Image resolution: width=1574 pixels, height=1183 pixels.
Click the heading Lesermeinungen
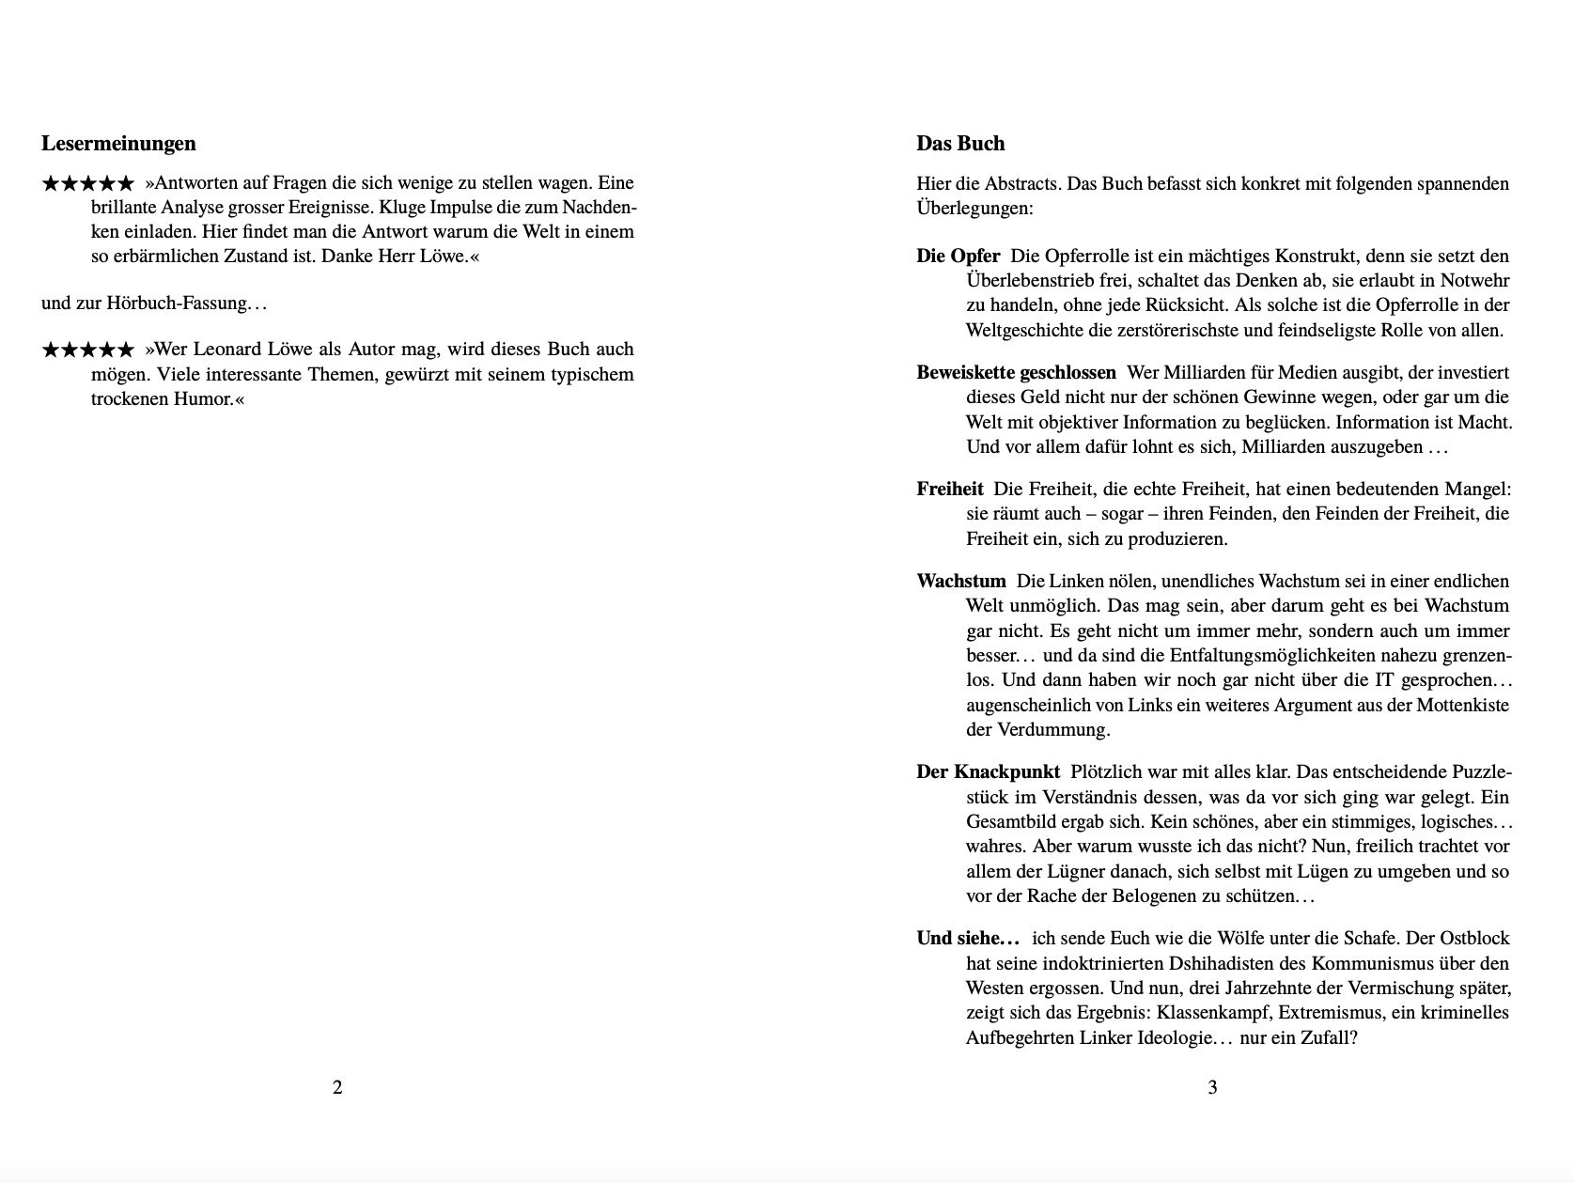118,144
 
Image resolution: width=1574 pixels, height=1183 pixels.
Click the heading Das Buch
960,144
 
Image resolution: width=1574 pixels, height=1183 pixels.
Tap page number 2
337,1088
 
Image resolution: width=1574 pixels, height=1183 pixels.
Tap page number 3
1212,1088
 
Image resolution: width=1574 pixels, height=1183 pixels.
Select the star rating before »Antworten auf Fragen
87,184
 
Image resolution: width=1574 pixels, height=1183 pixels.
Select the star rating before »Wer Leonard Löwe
87,350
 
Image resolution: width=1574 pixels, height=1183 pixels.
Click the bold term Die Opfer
958,256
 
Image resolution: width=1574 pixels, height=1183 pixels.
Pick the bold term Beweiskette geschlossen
1016,372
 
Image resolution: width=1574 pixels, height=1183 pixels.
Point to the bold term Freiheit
949,489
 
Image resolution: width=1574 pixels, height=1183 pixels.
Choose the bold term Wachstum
960,581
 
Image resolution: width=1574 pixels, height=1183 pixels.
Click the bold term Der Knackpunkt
988,772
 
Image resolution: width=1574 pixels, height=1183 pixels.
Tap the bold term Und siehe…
968,939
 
